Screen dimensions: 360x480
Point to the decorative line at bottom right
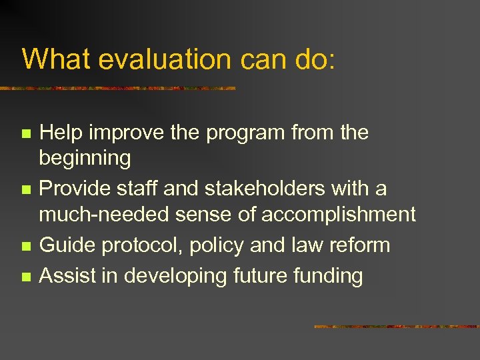pos(396,327)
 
